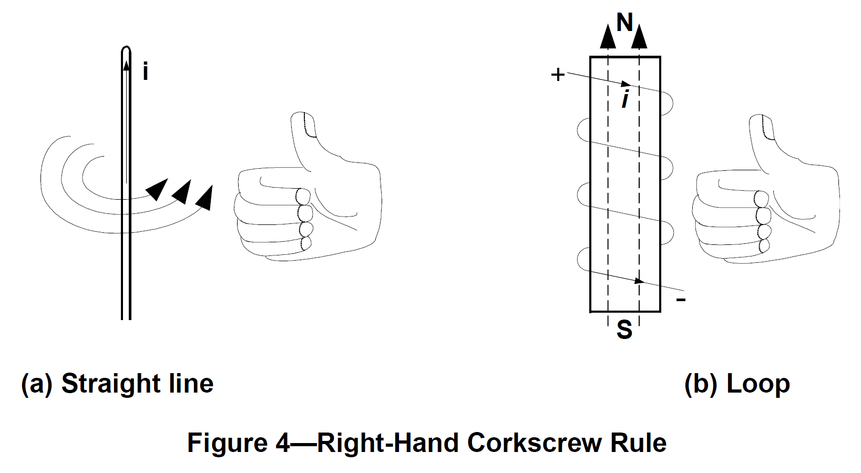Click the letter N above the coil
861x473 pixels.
(624, 23)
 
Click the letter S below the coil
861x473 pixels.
(624, 330)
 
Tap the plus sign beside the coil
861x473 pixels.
(558, 75)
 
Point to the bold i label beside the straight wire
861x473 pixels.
(146, 71)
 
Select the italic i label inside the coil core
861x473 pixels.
(625, 99)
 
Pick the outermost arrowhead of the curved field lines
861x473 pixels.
(204, 199)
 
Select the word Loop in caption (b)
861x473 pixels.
(758, 384)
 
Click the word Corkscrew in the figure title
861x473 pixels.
(535, 443)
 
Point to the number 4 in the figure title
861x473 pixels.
(282, 443)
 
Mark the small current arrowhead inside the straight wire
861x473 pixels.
(126, 65)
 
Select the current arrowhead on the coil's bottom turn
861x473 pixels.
(639, 281)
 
